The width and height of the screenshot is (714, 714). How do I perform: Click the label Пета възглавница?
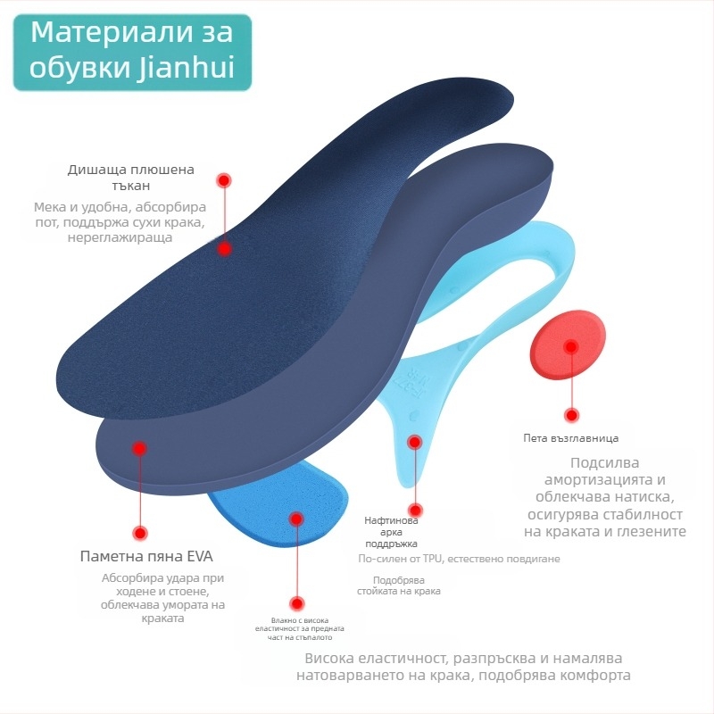coord(570,438)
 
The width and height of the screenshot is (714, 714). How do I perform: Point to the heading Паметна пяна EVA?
coord(146,556)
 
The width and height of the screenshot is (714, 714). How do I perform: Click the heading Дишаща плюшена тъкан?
coord(131,177)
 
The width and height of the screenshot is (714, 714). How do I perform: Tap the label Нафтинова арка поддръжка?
coord(391,532)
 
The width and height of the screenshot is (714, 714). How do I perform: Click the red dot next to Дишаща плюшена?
coord(224,181)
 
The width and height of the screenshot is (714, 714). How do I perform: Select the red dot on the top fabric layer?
coord(224,249)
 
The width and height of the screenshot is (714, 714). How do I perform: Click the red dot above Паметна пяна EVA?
coord(141,533)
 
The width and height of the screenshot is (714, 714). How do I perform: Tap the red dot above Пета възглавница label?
coord(571,415)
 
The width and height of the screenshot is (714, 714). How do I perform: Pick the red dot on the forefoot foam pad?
coord(297,519)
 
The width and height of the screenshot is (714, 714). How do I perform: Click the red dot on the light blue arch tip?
coord(415,442)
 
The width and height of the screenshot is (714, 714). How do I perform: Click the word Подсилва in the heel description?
coord(605,463)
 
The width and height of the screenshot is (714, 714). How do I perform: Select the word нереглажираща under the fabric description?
coord(120,237)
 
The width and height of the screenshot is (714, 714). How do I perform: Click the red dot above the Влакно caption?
coord(297,604)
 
